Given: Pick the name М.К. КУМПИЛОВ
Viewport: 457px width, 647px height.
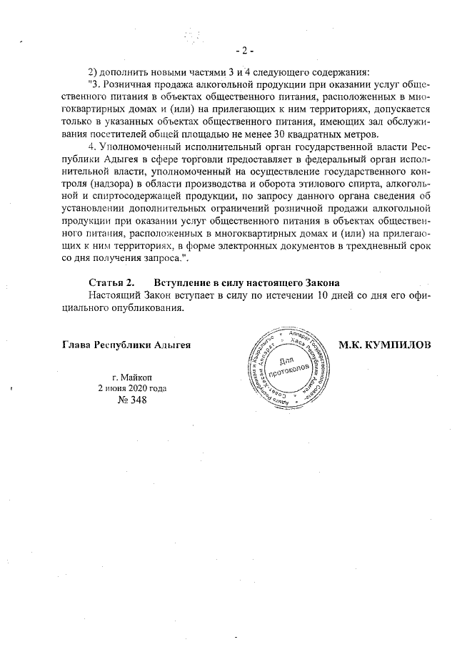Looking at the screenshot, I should [385, 345].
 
